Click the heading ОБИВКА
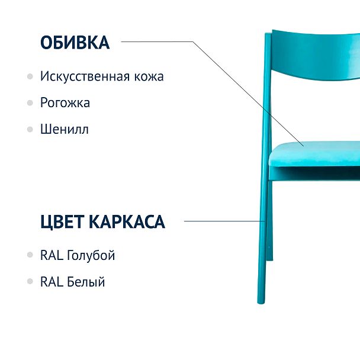click(x=75, y=43)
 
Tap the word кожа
click(x=149, y=76)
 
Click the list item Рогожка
click(x=65, y=102)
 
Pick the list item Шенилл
click(x=65, y=128)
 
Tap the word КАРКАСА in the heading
click(x=127, y=222)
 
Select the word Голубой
click(x=91, y=256)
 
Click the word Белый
click(x=86, y=282)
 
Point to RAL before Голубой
click(x=52, y=256)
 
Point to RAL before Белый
click(x=52, y=282)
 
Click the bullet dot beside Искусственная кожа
click(x=30, y=76)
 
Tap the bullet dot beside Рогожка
click(x=30, y=102)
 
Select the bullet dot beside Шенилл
click(x=30, y=128)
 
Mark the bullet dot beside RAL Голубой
click(x=30, y=256)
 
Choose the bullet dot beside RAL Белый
click(x=30, y=282)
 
